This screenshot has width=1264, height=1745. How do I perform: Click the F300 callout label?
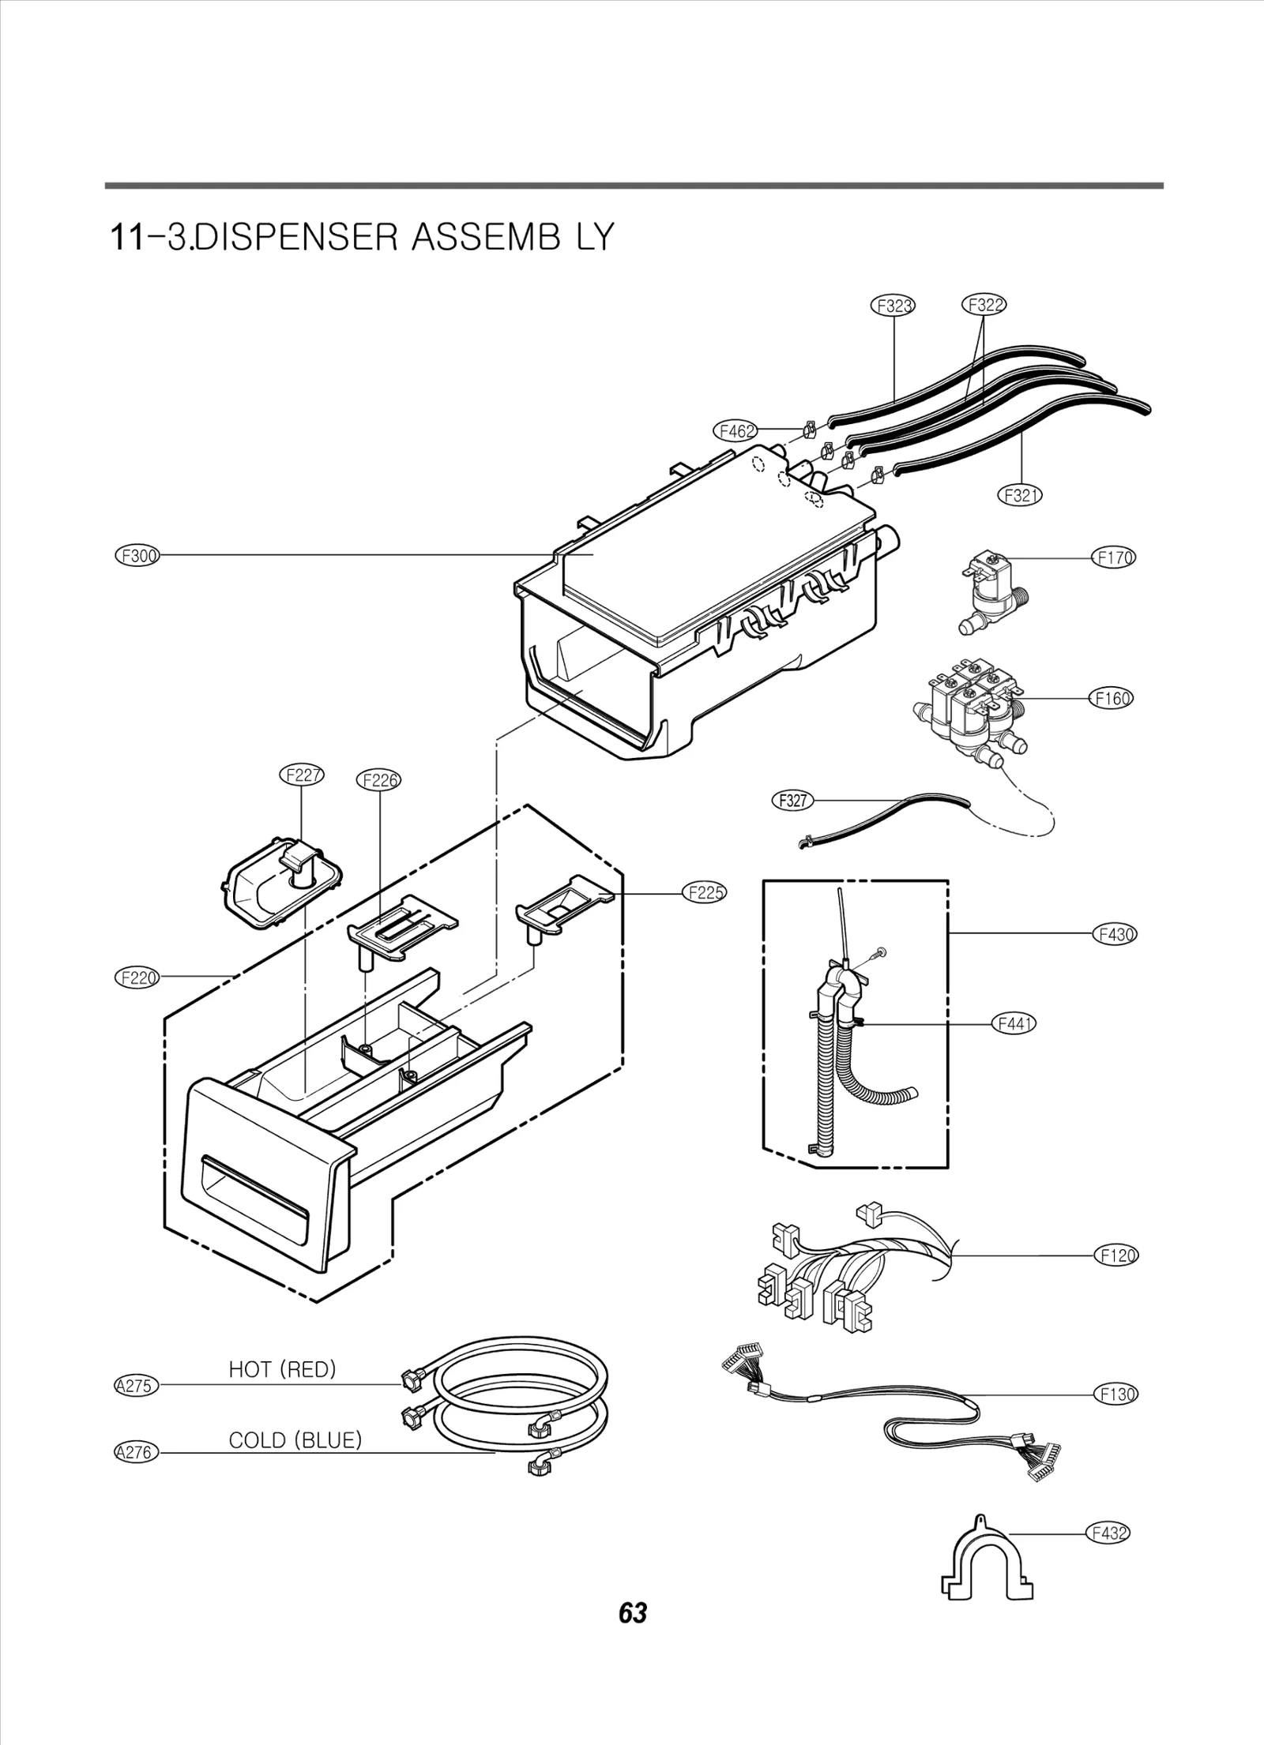[x=137, y=556]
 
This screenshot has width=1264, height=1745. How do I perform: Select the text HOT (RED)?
[x=282, y=1369]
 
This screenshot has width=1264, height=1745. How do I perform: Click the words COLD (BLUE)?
[x=295, y=1440]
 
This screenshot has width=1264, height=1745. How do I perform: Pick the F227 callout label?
[x=303, y=775]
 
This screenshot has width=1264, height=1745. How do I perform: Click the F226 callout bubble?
[x=379, y=781]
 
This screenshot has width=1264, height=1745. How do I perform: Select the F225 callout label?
[x=704, y=893]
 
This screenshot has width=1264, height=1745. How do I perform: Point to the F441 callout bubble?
[x=1014, y=1024]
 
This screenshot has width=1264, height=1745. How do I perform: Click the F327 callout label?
[x=792, y=801]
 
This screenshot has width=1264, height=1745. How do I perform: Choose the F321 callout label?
[x=1021, y=495]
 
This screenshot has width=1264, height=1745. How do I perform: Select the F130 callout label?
[x=1116, y=1394]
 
